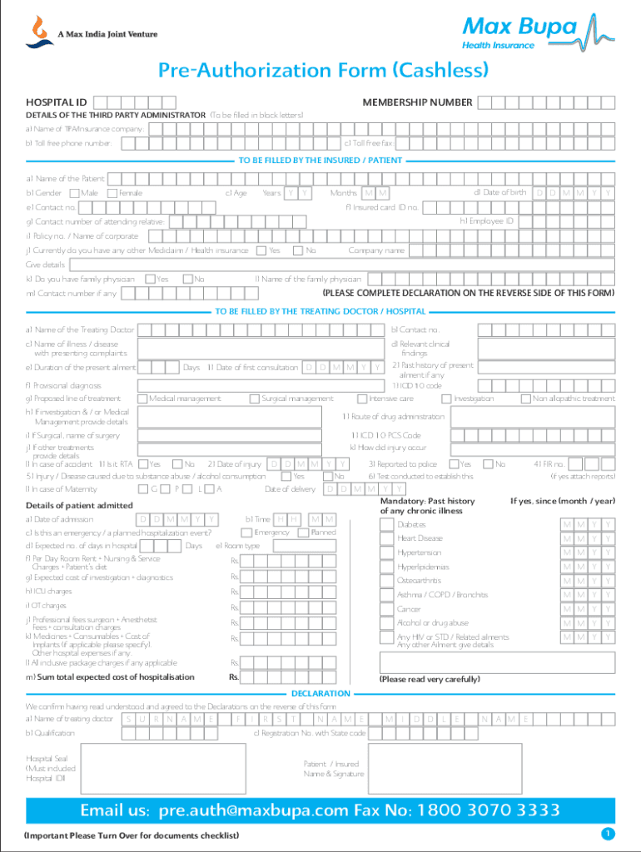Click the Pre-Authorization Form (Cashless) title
320,72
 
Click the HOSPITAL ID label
57,102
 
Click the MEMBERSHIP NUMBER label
417,102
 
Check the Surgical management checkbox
254,399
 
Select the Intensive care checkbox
362,399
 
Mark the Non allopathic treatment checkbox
525,399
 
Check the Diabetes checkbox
386,524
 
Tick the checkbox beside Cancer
386,609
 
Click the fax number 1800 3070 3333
484,810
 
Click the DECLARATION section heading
320,693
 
